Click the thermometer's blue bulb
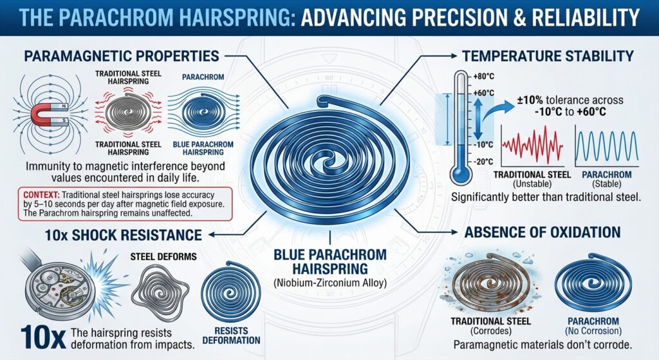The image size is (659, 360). [x=460, y=173]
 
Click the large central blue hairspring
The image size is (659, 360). [x=329, y=161]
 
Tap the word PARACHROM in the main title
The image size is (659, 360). [x=122, y=14]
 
